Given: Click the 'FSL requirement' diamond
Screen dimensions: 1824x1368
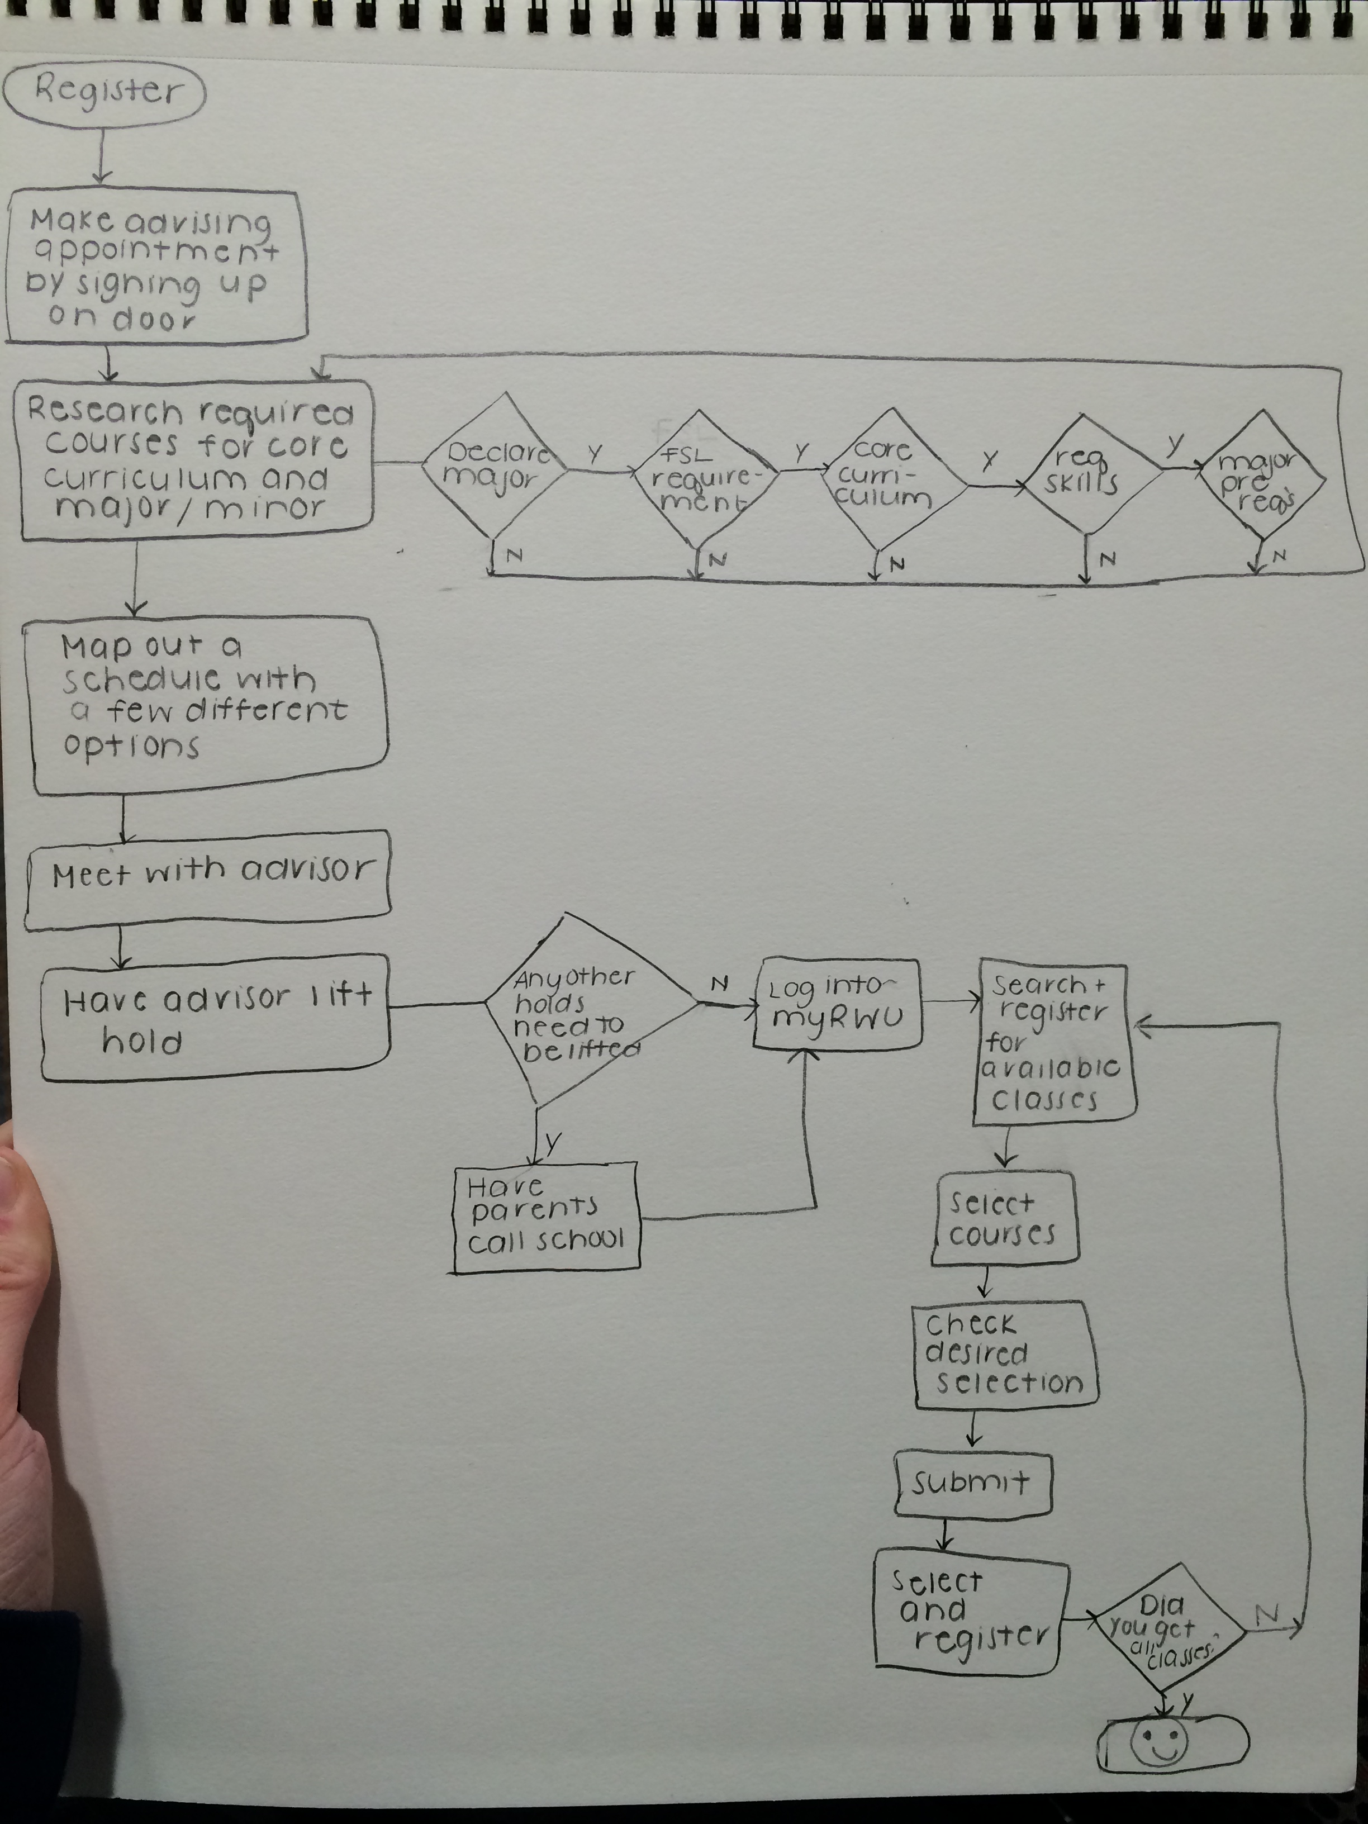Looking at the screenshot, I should tap(705, 478).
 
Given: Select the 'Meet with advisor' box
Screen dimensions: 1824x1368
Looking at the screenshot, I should tap(208, 878).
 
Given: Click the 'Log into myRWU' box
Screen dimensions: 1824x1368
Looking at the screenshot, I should tap(837, 1004).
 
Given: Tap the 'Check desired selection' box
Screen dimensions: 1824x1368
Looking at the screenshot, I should tap(1006, 1356).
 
